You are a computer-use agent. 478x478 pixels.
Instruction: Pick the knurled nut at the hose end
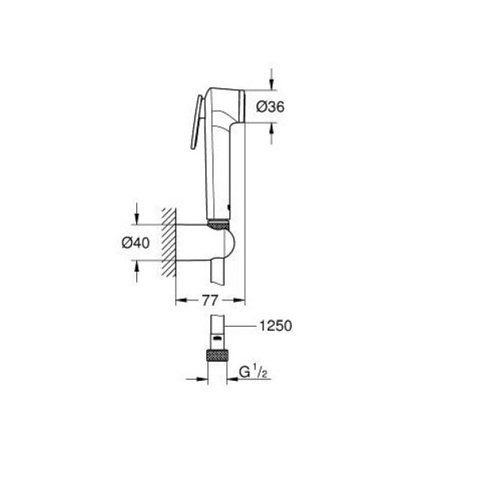tap(217, 355)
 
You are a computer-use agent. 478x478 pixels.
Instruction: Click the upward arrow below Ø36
tap(272, 128)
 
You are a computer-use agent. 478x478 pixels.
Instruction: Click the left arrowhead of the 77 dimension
tap(178, 300)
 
